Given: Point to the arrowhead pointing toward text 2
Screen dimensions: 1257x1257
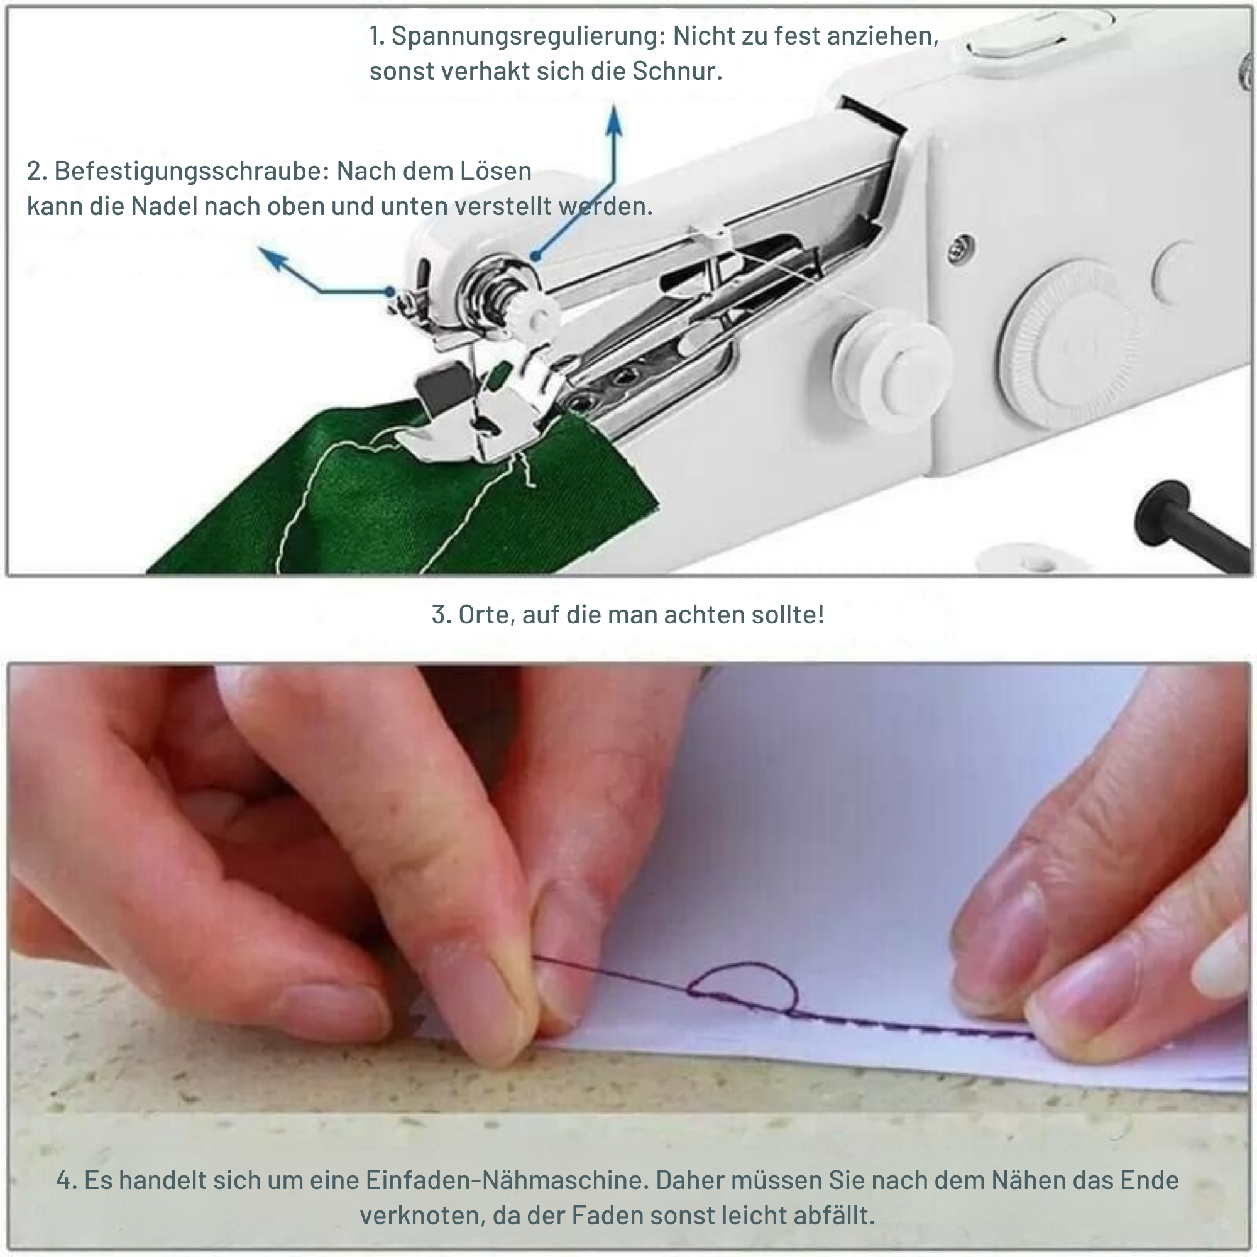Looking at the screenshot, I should click(272, 258).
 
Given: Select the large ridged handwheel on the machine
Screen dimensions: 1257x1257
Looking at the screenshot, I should click(1070, 345).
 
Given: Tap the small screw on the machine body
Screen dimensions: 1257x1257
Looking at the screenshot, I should click(961, 247).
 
